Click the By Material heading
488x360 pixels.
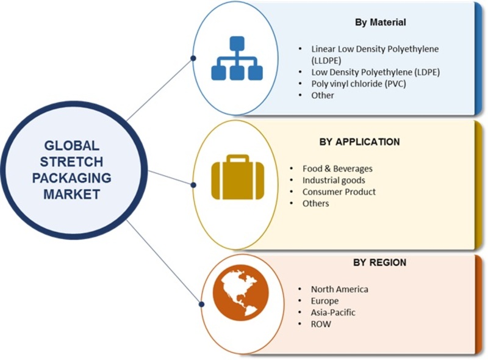(x=381, y=23)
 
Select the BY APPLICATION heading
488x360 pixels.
(x=359, y=142)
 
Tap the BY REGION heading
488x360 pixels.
(x=379, y=262)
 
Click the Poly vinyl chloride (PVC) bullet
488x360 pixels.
(x=358, y=84)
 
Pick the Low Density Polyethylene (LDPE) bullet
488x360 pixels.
(x=375, y=72)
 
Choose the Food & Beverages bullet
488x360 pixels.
(x=337, y=168)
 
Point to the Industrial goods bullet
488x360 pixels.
(x=334, y=180)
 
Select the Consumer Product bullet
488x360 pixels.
(x=339, y=192)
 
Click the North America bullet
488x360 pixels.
(x=339, y=289)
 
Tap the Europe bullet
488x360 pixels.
(x=325, y=301)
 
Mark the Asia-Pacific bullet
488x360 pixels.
(x=333, y=312)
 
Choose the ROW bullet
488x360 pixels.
(x=321, y=324)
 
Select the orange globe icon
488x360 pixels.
(x=240, y=293)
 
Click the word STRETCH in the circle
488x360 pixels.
(x=71, y=162)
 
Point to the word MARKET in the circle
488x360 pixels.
(x=71, y=195)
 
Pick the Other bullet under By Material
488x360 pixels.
(x=323, y=95)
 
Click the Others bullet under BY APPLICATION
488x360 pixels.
(x=316, y=203)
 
